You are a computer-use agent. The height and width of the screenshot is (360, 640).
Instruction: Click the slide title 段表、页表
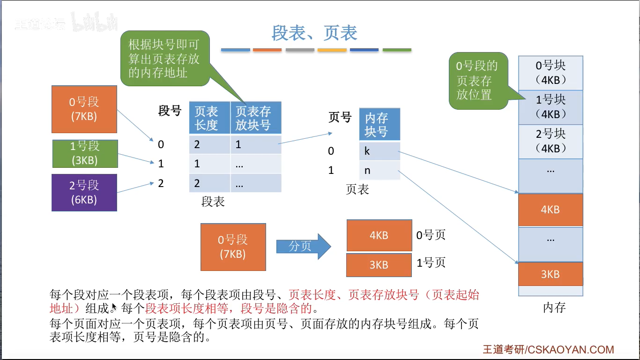(314, 33)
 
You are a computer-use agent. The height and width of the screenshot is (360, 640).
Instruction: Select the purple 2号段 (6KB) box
(84, 192)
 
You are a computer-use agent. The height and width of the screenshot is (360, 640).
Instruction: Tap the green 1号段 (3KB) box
(84, 153)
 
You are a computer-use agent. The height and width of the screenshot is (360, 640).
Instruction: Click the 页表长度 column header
(209, 118)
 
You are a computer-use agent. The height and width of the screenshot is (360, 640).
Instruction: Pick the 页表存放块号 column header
(255, 118)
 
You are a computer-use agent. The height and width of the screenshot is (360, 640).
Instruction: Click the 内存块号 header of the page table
(380, 124)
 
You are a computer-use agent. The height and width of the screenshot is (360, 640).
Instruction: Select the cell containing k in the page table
(380, 151)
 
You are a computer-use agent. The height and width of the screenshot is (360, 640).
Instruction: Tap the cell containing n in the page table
(380, 170)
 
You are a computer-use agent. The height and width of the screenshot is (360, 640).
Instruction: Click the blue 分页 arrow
(303, 246)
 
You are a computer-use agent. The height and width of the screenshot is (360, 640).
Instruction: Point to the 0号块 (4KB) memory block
(551, 73)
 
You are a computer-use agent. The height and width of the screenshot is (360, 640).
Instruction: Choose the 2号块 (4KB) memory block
(551, 141)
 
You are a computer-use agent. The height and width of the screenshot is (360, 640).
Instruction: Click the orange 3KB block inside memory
(551, 274)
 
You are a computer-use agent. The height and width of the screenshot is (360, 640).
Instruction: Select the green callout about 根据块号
(164, 59)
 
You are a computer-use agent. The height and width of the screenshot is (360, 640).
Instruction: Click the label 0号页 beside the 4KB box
(431, 235)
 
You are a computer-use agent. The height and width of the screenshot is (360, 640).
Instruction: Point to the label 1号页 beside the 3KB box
(431, 263)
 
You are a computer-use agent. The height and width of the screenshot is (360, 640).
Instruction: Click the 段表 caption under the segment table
(213, 202)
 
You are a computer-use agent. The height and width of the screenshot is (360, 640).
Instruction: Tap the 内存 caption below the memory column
(555, 308)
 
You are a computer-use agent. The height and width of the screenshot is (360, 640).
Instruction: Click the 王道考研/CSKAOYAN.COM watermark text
(548, 350)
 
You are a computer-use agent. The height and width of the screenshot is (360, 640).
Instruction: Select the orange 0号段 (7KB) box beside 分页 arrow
(233, 247)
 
